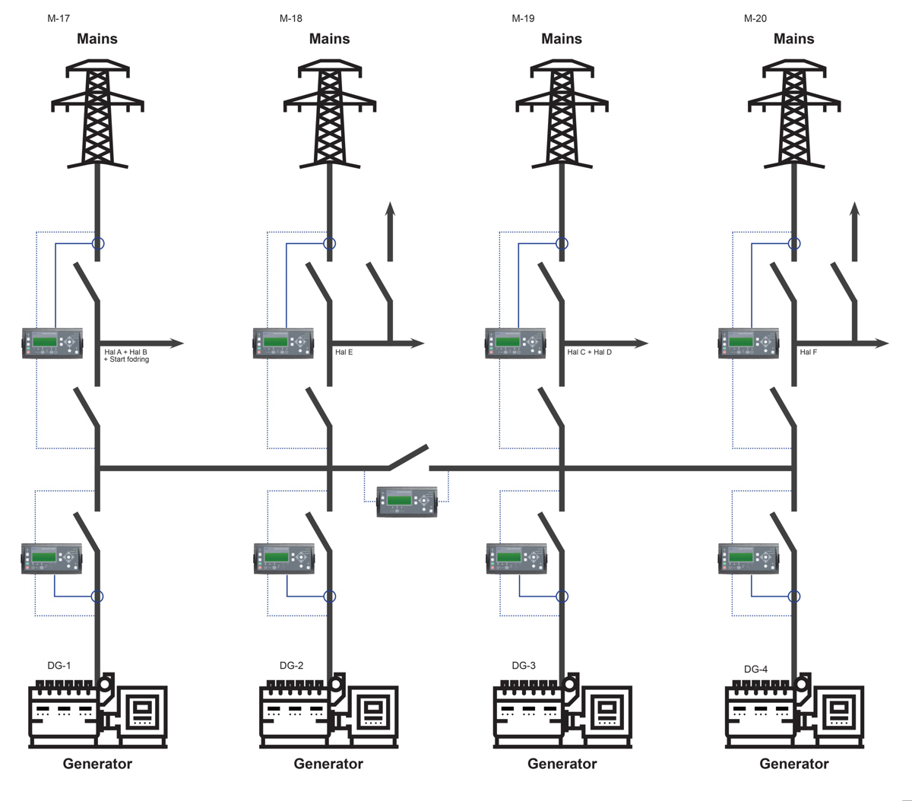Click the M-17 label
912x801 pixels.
tap(59, 19)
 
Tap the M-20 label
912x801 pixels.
tap(755, 19)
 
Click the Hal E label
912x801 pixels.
tap(344, 352)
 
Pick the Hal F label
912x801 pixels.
tap(808, 352)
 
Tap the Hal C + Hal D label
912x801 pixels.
tap(590, 352)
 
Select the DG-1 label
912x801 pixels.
tap(59, 666)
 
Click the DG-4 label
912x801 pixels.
tap(755, 670)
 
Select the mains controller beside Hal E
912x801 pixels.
tap(283, 343)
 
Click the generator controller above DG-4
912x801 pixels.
tap(749, 559)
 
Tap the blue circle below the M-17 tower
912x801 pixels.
tap(97, 243)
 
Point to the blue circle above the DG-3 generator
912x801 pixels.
tap(562, 597)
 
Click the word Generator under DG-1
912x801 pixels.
tap(97, 764)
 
